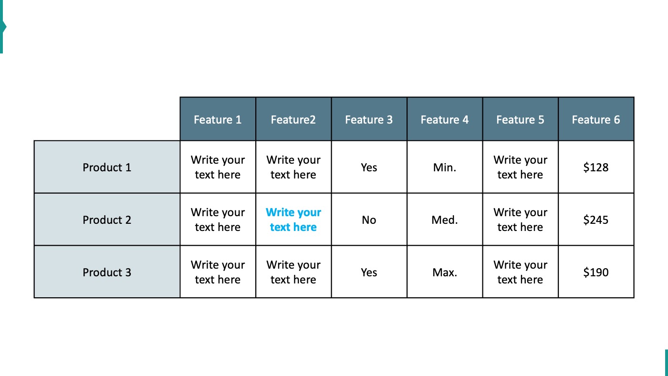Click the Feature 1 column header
coord(218,119)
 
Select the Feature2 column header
coord(293,119)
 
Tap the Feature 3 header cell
coord(369,119)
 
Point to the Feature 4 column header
coord(445,119)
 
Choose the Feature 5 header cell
coord(520,119)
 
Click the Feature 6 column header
coord(596,119)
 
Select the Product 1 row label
coord(107,167)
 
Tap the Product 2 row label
coord(107,220)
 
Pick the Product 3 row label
coord(107,272)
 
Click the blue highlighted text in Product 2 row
coord(293,220)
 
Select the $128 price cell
coord(596,167)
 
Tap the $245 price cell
coord(596,220)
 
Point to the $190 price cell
coord(596,272)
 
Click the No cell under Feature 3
coord(369,220)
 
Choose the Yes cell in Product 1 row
coord(369,167)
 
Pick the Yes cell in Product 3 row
coord(369,272)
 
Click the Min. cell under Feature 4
coord(445,167)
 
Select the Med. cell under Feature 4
coord(445,220)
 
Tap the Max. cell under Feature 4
coord(445,272)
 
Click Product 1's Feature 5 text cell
coord(520,167)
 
